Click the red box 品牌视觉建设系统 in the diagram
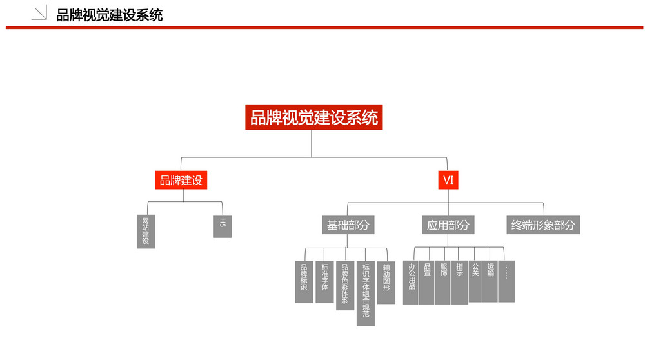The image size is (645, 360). click(314, 117)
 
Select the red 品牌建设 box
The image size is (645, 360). click(181, 180)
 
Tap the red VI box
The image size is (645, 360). click(448, 180)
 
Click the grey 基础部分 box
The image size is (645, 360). click(348, 225)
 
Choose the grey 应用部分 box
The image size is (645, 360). click(448, 225)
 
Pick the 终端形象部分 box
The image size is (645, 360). click(543, 225)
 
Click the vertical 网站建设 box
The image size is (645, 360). click(146, 232)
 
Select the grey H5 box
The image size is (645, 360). click(223, 226)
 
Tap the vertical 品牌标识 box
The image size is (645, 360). click(304, 282)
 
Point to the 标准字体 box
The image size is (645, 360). click(324, 282)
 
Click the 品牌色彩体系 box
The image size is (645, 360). click(345, 286)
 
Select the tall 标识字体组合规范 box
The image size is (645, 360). click(366, 294)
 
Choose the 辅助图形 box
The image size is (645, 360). click(386, 283)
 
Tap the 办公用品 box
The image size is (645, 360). click(410, 283)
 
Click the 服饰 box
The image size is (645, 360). click(442, 283)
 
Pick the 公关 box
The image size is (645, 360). click(475, 281)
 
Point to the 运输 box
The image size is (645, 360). click(490, 281)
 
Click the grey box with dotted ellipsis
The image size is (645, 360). click(506, 281)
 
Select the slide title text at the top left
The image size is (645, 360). click(110, 15)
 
